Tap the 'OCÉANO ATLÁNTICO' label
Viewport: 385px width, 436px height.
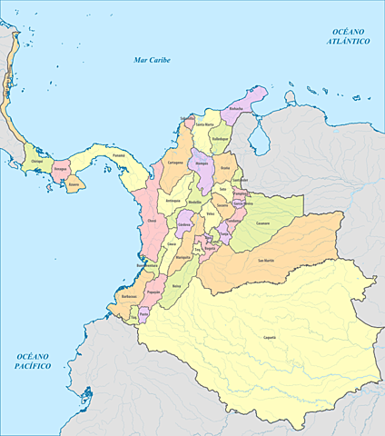(349, 35)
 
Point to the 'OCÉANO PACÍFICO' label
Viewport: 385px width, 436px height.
(33, 361)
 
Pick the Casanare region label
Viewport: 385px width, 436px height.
(263, 222)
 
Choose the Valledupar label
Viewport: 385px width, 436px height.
(221, 139)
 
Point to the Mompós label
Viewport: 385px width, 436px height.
(202, 163)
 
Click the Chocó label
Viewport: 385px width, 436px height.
(152, 221)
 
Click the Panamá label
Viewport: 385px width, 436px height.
(119, 156)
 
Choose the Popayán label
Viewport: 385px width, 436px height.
(153, 292)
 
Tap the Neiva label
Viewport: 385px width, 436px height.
(176, 285)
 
